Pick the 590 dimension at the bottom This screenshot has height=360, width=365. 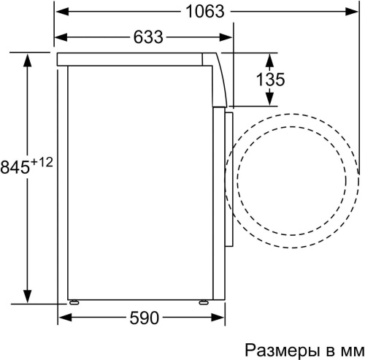pos(143,319)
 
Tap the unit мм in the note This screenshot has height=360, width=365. pos(346,348)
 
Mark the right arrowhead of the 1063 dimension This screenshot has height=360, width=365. pos(354,12)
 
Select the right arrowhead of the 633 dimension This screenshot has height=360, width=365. pos(228,37)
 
